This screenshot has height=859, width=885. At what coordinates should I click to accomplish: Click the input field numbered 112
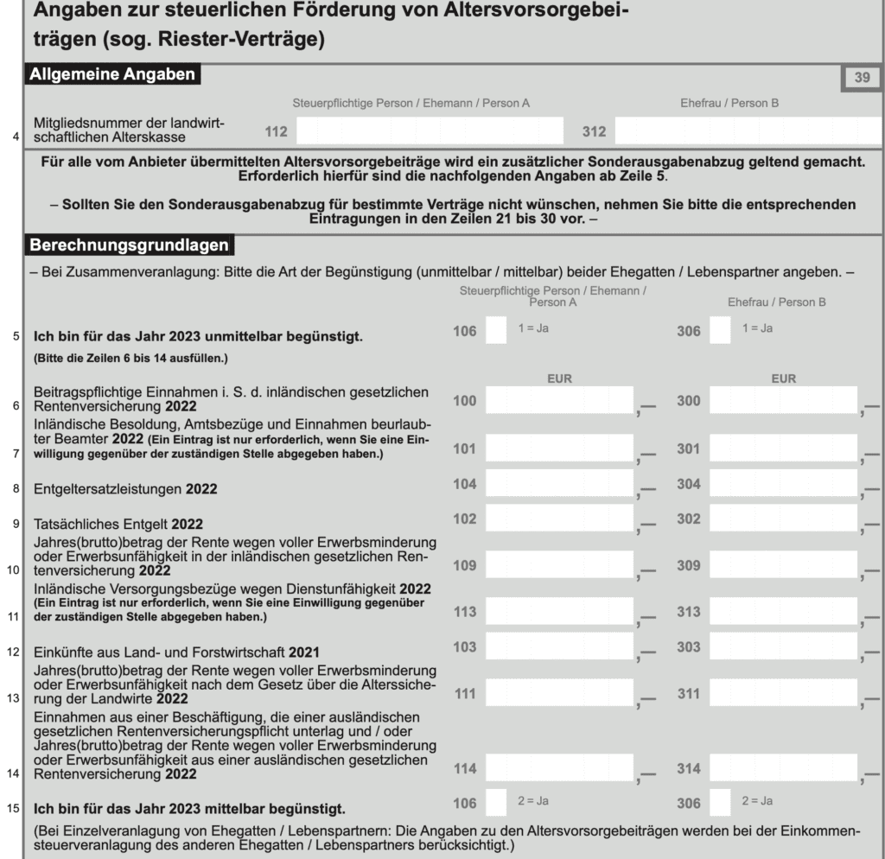pos(429,131)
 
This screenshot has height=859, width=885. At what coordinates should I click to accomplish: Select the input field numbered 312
pos(748,131)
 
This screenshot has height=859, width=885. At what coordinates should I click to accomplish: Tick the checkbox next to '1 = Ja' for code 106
pos(497,331)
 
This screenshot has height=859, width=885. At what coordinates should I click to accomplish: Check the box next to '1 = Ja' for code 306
pos(720,331)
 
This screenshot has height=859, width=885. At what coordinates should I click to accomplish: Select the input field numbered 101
pos(559,449)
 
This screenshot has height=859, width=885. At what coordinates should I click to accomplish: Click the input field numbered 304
pos(783,485)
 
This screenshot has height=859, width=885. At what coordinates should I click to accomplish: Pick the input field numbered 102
pos(559,520)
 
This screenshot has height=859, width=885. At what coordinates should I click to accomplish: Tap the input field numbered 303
pos(783,647)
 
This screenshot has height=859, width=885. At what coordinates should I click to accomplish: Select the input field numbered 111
pos(559,694)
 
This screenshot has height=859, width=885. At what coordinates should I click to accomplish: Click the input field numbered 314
pos(783,767)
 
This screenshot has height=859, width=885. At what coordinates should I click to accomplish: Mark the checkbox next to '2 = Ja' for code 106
pos(497,803)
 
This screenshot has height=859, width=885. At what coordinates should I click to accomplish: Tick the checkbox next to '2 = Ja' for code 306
pos(720,803)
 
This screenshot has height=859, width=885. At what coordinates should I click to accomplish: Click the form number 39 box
pos(862,78)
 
